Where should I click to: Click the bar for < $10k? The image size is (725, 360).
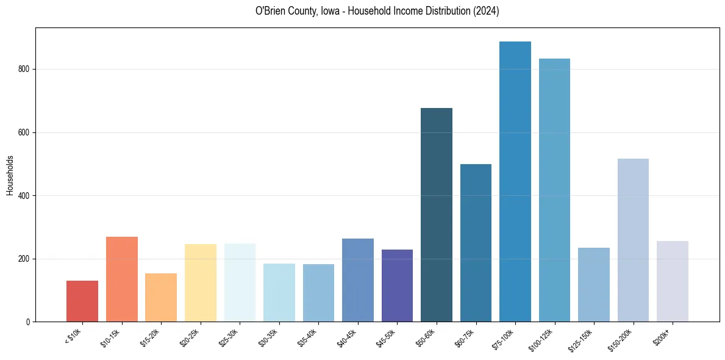click(82, 301)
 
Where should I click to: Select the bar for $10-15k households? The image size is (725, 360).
click(122, 279)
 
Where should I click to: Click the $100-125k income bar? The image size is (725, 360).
click(554, 190)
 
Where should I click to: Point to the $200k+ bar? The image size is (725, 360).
click(673, 281)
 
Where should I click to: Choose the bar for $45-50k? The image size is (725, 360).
click(397, 286)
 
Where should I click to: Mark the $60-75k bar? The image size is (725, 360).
click(476, 243)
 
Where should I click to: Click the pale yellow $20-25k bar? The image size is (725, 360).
click(201, 283)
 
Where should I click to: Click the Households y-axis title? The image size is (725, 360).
click(10, 175)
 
